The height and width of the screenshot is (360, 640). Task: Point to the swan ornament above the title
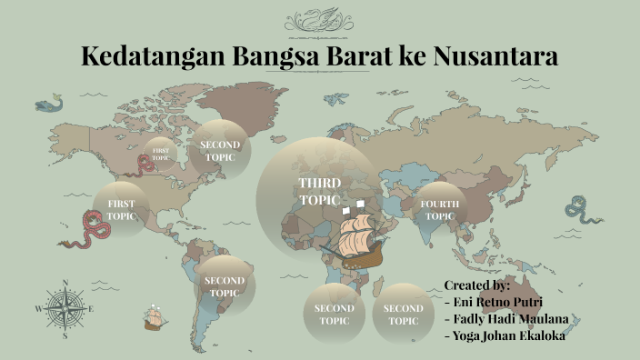320,20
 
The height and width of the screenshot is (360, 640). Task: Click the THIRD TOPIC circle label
319,192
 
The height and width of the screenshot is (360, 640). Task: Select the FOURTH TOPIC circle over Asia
440,209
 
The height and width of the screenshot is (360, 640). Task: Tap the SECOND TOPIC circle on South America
223,286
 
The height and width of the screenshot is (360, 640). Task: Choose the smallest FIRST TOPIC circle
160,154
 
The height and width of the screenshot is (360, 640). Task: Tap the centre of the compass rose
65,309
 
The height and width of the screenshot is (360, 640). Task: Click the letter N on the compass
65,283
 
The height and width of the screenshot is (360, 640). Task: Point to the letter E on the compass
92,309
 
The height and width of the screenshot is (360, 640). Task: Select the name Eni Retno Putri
499,302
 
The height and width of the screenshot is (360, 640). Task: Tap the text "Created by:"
477,285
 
